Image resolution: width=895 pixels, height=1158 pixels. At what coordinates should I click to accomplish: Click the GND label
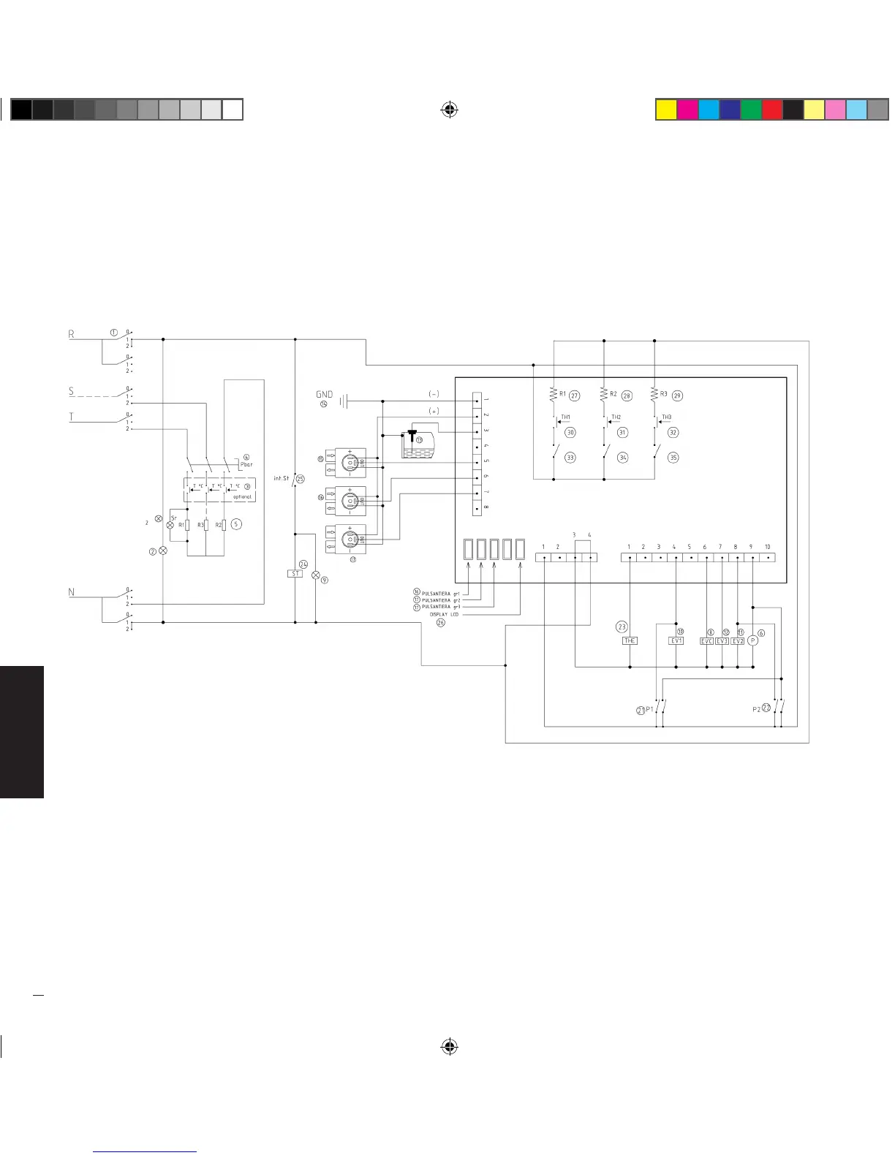(x=324, y=394)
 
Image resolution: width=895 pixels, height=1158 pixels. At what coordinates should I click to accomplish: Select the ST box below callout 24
(x=295, y=574)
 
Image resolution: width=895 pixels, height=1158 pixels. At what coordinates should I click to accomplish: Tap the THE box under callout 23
(x=630, y=641)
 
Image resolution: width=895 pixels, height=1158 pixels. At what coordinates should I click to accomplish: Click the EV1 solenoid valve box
(x=676, y=641)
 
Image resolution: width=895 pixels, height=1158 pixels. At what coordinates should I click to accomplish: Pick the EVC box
(x=706, y=641)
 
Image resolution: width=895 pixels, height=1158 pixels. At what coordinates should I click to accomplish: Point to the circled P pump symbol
(x=752, y=641)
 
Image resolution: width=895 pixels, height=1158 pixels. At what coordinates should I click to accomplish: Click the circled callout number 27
(x=575, y=396)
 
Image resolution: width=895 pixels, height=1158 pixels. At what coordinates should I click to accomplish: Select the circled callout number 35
(x=673, y=458)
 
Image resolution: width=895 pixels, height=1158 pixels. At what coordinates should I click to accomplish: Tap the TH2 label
(x=616, y=417)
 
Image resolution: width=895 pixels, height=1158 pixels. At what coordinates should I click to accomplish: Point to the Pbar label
(x=246, y=464)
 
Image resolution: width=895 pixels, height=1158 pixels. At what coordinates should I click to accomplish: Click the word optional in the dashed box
(x=242, y=496)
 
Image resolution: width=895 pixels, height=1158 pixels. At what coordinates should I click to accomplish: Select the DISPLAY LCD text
(x=443, y=615)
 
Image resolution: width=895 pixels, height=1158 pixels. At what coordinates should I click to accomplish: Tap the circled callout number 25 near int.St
(x=301, y=479)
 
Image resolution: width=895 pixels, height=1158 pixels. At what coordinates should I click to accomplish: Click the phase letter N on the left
(x=72, y=592)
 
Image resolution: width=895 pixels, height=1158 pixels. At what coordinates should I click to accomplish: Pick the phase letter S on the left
(x=72, y=391)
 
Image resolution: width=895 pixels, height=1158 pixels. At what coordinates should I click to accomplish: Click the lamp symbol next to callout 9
(x=316, y=575)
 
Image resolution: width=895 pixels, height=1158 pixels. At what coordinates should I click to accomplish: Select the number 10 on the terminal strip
(x=767, y=547)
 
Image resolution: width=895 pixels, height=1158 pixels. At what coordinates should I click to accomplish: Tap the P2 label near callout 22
(x=756, y=708)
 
